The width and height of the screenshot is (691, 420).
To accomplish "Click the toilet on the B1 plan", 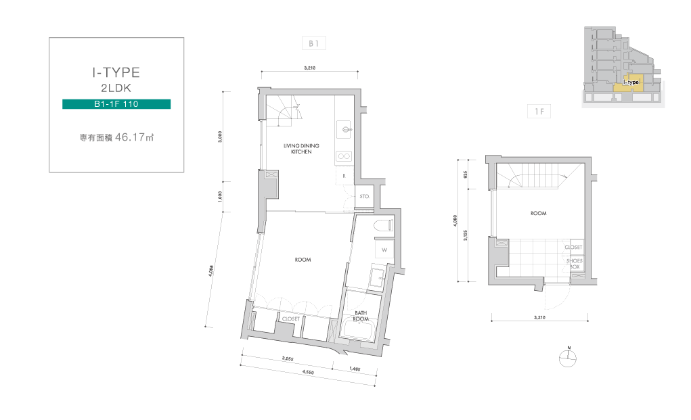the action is (x=383, y=225).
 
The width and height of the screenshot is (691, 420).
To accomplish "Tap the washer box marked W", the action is (x=384, y=250).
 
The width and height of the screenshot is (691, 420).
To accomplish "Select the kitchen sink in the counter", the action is (x=344, y=129).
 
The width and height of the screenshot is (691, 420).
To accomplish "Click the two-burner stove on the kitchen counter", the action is (x=344, y=156).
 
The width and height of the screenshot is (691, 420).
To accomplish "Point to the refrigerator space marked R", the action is (x=344, y=176).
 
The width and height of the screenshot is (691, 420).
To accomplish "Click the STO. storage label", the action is (x=364, y=196).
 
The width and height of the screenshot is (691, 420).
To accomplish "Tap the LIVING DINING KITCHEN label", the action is (x=301, y=148).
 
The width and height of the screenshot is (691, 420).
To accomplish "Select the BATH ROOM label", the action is (x=361, y=316).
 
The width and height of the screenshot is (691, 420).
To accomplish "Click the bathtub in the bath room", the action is (x=359, y=329).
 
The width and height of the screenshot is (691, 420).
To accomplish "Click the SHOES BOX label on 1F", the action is (x=574, y=264).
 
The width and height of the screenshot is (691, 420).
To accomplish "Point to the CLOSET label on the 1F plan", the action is (x=573, y=248).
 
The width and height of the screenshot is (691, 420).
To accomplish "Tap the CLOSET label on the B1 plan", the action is (x=291, y=319).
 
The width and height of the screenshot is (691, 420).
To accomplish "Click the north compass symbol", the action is (x=568, y=358).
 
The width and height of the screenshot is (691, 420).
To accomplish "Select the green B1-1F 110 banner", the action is (x=116, y=104).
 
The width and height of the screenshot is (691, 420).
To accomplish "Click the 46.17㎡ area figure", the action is (x=135, y=137).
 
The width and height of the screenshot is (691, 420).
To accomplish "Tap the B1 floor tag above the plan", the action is (x=314, y=43).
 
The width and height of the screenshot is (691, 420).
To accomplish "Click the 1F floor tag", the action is (x=539, y=112).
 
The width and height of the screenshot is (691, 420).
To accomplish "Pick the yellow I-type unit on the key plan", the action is (x=628, y=83).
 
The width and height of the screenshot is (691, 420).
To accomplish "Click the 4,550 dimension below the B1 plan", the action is (x=308, y=372).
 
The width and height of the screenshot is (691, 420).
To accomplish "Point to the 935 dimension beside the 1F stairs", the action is (x=466, y=174).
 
